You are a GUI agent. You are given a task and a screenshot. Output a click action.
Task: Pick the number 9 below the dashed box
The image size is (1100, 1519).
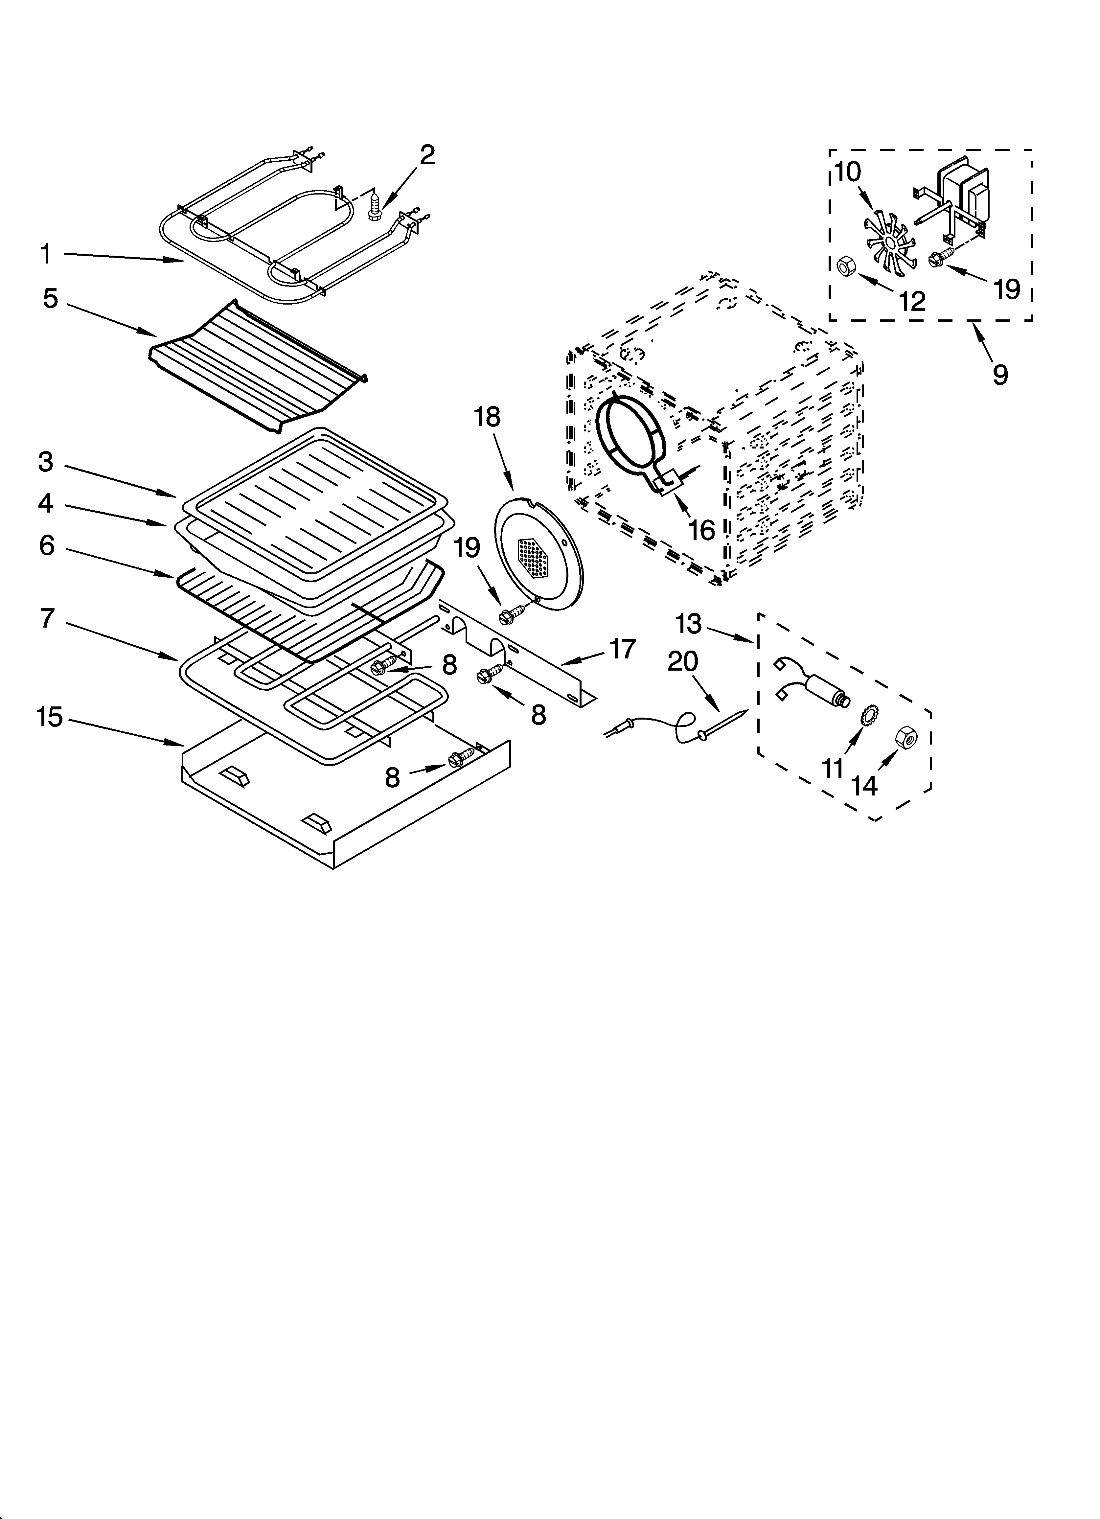click(x=999, y=374)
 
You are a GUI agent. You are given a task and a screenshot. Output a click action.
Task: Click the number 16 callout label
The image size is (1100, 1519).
click(x=701, y=530)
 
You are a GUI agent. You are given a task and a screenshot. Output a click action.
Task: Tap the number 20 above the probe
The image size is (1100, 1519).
click(x=683, y=662)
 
